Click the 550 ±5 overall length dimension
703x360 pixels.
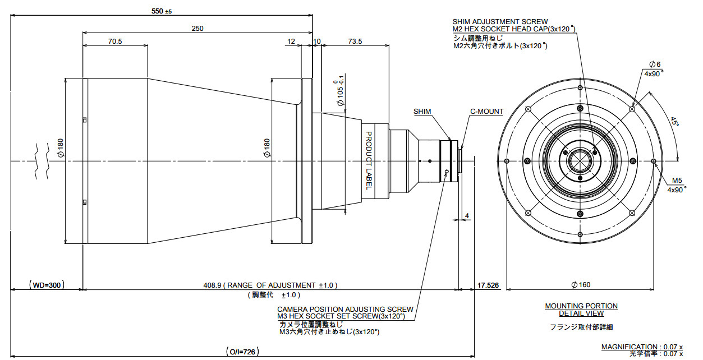pos(162,11)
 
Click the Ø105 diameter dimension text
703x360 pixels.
pos(340,93)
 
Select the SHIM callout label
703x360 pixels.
pos(422,112)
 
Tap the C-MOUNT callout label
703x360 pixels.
pos(486,112)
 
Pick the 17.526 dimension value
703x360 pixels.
pos(488,285)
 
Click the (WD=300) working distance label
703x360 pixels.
pos(47,285)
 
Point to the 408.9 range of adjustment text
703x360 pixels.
pos(270,285)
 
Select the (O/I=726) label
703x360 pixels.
pos(242,352)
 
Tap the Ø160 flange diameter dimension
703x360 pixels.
pos(580,285)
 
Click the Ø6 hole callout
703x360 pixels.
pos(654,64)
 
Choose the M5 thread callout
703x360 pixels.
pos(677,181)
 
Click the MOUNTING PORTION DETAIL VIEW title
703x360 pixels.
pos(581,310)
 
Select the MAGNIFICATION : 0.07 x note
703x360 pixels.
pos(642,347)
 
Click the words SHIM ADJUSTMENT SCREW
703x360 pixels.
pos(492,21)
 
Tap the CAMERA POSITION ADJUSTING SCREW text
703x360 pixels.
pos(345,309)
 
